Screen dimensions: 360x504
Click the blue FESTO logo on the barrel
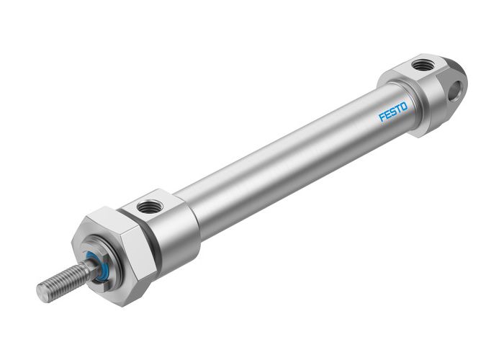(x=393, y=112)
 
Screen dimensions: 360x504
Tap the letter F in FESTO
(x=382, y=117)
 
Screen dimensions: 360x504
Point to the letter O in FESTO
(x=404, y=107)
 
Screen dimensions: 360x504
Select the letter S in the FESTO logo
(x=392, y=112)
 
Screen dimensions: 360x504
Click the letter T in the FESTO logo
(x=398, y=109)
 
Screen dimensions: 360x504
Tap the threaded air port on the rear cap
(x=420, y=66)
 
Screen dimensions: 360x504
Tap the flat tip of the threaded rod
(x=42, y=292)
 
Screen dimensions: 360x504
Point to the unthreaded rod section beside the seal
(x=91, y=269)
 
